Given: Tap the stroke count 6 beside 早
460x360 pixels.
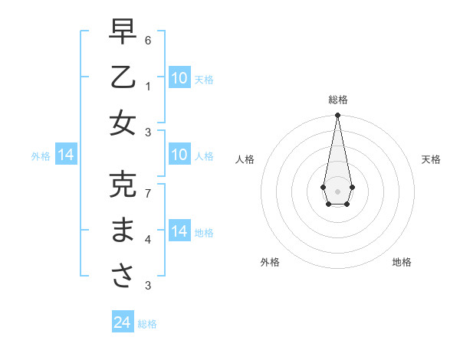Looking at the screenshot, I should point(148,39).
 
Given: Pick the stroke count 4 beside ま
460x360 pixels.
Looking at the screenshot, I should point(148,240).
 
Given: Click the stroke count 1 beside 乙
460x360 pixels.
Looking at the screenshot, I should point(148,86).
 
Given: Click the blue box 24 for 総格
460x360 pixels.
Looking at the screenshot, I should point(122,323).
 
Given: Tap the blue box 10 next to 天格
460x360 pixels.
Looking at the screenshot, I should point(179,78).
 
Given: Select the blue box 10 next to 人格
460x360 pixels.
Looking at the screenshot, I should point(179,155).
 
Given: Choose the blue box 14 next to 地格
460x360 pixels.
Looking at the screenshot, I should point(179,232).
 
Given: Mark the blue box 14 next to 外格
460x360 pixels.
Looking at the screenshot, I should point(66,155).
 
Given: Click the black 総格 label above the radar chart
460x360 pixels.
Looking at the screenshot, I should point(337,100).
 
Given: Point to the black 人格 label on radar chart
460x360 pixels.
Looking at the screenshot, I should point(245,159).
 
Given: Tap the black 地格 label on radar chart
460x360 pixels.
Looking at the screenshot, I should point(402,262).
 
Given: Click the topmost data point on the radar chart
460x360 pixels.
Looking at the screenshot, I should point(337,115).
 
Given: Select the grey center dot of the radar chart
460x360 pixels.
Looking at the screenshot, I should point(337,190).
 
